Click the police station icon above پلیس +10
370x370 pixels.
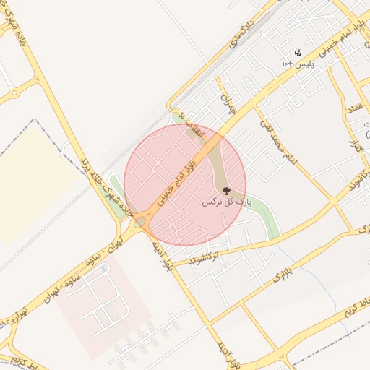(297, 53)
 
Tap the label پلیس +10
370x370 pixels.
(297, 64)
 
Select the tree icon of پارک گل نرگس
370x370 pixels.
(227, 191)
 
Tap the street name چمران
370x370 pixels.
(228, 105)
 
